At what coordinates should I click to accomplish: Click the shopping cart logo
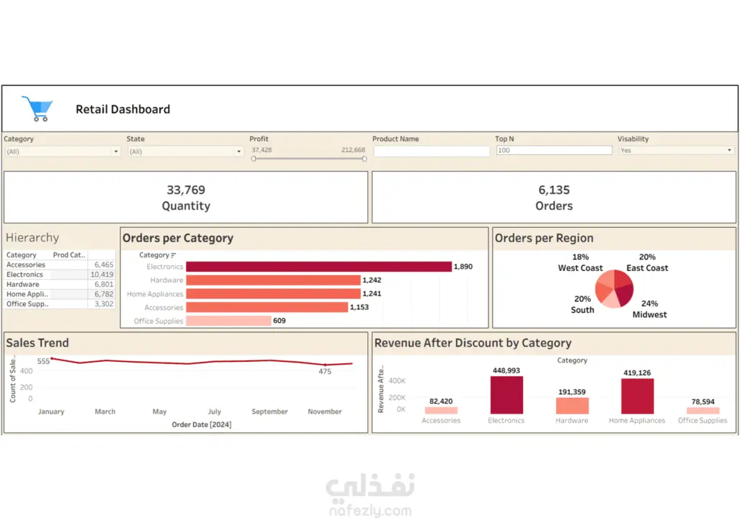[x=37, y=109]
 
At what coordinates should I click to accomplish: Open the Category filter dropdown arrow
[x=115, y=151]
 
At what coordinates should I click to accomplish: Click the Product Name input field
[x=432, y=151]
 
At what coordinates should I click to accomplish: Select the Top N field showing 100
[x=554, y=150]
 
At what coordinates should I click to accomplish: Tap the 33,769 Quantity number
[x=186, y=190]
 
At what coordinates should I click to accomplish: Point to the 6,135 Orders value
[x=554, y=190]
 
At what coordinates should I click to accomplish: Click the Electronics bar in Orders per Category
[x=318, y=267]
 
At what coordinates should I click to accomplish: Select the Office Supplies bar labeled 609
[x=228, y=321]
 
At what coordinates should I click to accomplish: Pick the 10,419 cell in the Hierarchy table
[x=102, y=275]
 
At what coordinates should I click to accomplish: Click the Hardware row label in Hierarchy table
[x=22, y=284]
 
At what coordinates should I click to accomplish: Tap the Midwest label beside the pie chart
[x=649, y=314]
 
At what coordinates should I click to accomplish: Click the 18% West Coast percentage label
[x=581, y=257]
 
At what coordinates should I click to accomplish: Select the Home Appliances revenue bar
[x=637, y=396]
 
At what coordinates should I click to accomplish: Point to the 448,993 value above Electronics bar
[x=507, y=371]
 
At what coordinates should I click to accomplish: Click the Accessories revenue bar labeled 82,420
[x=441, y=410]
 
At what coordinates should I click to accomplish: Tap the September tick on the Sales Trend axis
[x=269, y=412]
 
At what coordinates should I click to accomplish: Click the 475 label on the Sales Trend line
[x=325, y=372]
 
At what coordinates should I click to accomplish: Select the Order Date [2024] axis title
[x=202, y=425]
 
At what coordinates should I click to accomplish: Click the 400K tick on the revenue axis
[x=397, y=381]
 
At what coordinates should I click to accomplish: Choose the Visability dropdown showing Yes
[x=677, y=150]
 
